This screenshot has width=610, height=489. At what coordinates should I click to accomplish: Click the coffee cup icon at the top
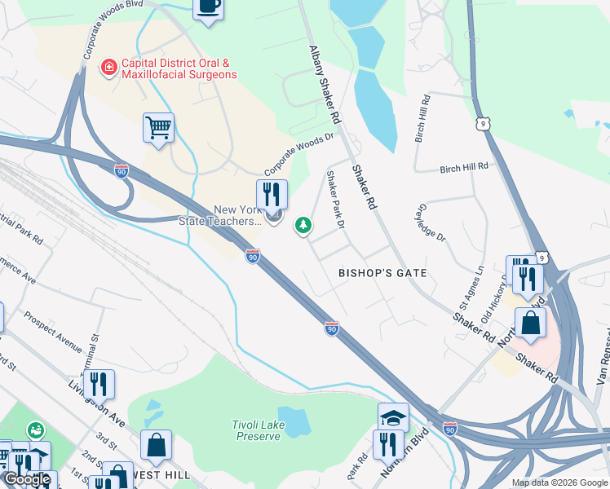(x=208, y=7)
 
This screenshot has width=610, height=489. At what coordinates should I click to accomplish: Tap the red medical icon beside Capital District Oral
(x=107, y=68)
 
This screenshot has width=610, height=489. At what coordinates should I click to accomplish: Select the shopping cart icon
(x=158, y=127)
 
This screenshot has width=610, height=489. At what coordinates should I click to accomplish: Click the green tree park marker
(x=303, y=224)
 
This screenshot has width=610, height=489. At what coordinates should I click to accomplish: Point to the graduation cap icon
(x=393, y=417)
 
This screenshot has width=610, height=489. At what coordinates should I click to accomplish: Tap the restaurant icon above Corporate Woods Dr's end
(x=272, y=194)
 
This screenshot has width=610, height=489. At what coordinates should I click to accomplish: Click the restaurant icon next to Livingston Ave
(x=99, y=384)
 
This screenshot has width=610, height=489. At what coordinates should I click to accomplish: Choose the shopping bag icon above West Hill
(x=156, y=445)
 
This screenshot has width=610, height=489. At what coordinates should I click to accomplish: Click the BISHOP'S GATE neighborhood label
(x=383, y=272)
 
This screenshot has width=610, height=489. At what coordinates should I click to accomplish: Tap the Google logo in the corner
(x=27, y=479)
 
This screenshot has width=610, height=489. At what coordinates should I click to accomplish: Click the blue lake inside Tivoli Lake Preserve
(x=293, y=421)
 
